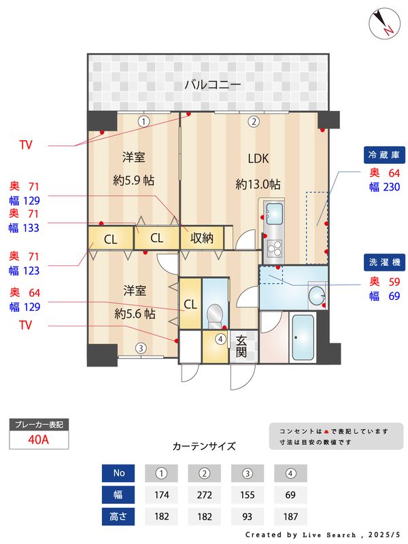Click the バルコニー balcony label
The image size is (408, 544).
(213, 85)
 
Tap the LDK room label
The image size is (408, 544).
(258, 158)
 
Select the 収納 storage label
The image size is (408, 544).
(202, 238)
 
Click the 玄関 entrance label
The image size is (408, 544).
(241, 346)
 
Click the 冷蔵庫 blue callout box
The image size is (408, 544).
(384, 155)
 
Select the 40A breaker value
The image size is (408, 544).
(39, 439)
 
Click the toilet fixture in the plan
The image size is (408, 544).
(214, 313)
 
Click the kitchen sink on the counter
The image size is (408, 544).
(275, 213)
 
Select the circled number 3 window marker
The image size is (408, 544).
(139, 348)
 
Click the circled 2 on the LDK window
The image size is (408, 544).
(253, 122)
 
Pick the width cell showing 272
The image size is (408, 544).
(205, 494)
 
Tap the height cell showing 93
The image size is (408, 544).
(248, 516)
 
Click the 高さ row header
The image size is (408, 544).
(118, 516)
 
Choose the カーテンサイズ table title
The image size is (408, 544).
(204, 447)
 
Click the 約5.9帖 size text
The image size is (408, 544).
(133, 182)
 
